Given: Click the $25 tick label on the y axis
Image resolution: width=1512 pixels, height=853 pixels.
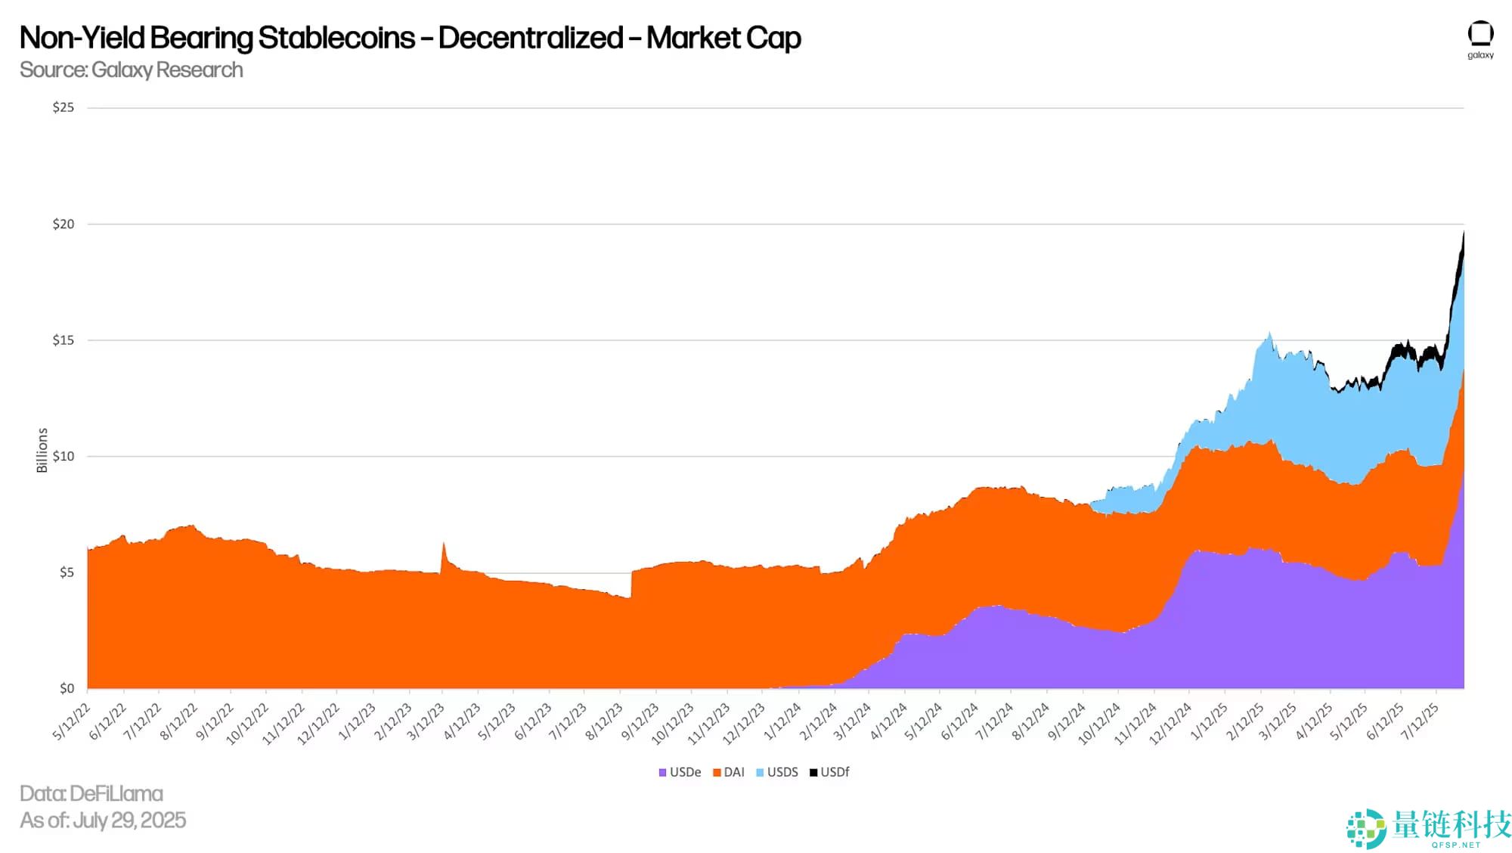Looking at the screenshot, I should pos(64,107).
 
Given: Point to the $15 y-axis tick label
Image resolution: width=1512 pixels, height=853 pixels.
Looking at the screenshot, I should pos(64,340).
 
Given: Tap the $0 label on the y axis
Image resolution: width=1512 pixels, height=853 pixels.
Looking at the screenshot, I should pos(67,688).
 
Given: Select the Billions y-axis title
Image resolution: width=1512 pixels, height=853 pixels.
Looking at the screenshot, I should pos(42,451).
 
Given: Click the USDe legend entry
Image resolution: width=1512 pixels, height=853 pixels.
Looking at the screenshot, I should pos(680,772).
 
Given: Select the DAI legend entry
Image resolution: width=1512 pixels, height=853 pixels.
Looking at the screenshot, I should pos(729,772).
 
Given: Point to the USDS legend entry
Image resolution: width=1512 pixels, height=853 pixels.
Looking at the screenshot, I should pos(777,772).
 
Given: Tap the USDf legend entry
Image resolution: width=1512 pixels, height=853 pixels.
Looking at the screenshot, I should pos(830,772).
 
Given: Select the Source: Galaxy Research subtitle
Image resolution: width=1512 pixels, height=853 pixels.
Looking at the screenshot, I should pos(132,70).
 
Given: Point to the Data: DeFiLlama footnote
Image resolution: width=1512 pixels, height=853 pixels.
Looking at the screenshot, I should pos(91,793).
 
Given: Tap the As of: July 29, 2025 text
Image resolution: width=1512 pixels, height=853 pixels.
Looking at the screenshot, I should pos(103,820).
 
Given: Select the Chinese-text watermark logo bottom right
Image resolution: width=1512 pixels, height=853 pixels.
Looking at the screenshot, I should pos(1429,827).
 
